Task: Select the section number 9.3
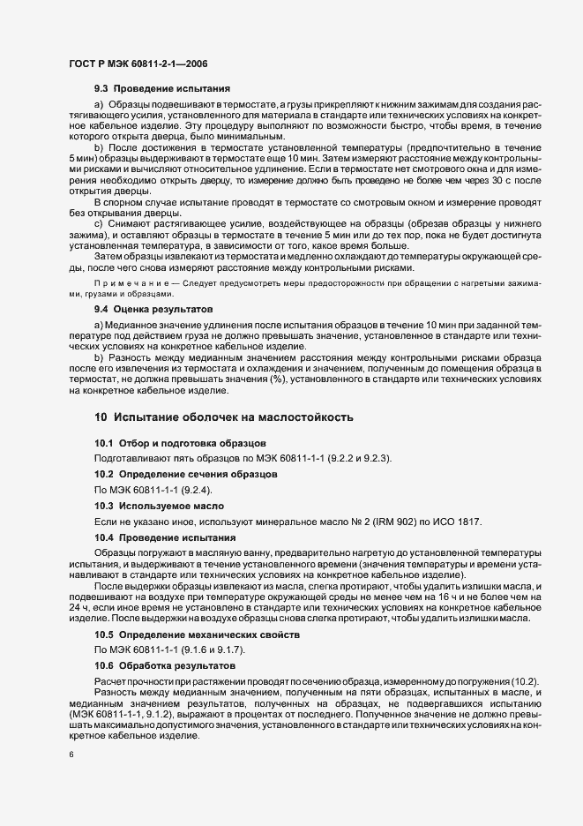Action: (101, 89)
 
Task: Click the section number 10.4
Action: (104, 537)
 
